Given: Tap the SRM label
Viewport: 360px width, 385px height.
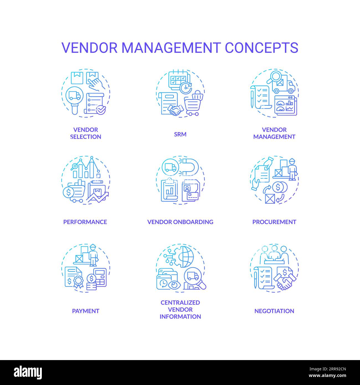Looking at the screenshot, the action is (180, 134).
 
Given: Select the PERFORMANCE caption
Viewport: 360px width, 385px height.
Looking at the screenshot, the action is (85, 222).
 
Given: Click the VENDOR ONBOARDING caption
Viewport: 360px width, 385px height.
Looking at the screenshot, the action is (180, 222).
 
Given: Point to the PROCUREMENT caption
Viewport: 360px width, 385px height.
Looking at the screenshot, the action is (274, 222).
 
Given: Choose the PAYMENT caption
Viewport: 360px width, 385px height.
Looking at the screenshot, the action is (86, 311).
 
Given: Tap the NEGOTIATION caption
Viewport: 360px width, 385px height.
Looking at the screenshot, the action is (274, 311).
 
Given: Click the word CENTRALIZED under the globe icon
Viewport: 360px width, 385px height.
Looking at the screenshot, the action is (180, 302).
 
